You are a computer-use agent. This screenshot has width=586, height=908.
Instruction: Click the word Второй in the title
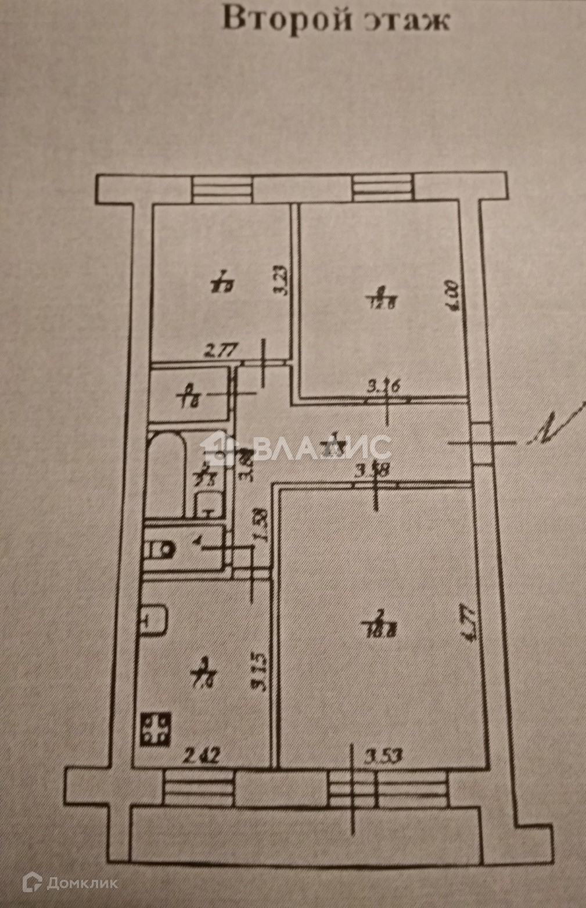(x=287, y=19)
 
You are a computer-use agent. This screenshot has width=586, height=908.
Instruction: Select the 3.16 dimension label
(x=384, y=387)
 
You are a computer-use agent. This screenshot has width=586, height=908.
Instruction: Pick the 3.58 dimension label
(x=372, y=471)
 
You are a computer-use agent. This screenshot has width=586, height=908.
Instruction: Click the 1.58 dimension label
(x=261, y=526)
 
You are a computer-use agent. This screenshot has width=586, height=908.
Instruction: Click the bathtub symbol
(x=166, y=473)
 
